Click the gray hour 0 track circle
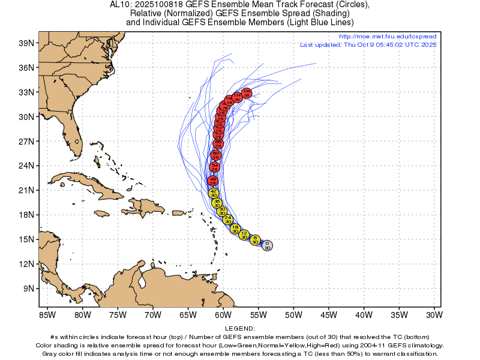pos(267,245)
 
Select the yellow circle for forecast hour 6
pos(255,240)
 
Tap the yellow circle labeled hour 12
pos(244,235)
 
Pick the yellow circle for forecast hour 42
pos(214,193)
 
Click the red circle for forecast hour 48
pos(212,181)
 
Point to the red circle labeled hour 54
pos(215,167)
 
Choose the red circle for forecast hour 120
pos(246,93)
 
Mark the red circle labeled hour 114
pos(237,97)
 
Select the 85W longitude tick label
pos(47,314)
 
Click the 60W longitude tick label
pos(223,314)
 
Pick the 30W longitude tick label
pos(434,314)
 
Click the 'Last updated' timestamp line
pos(368,44)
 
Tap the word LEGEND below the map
pos(240,329)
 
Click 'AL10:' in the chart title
pos(120,5)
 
